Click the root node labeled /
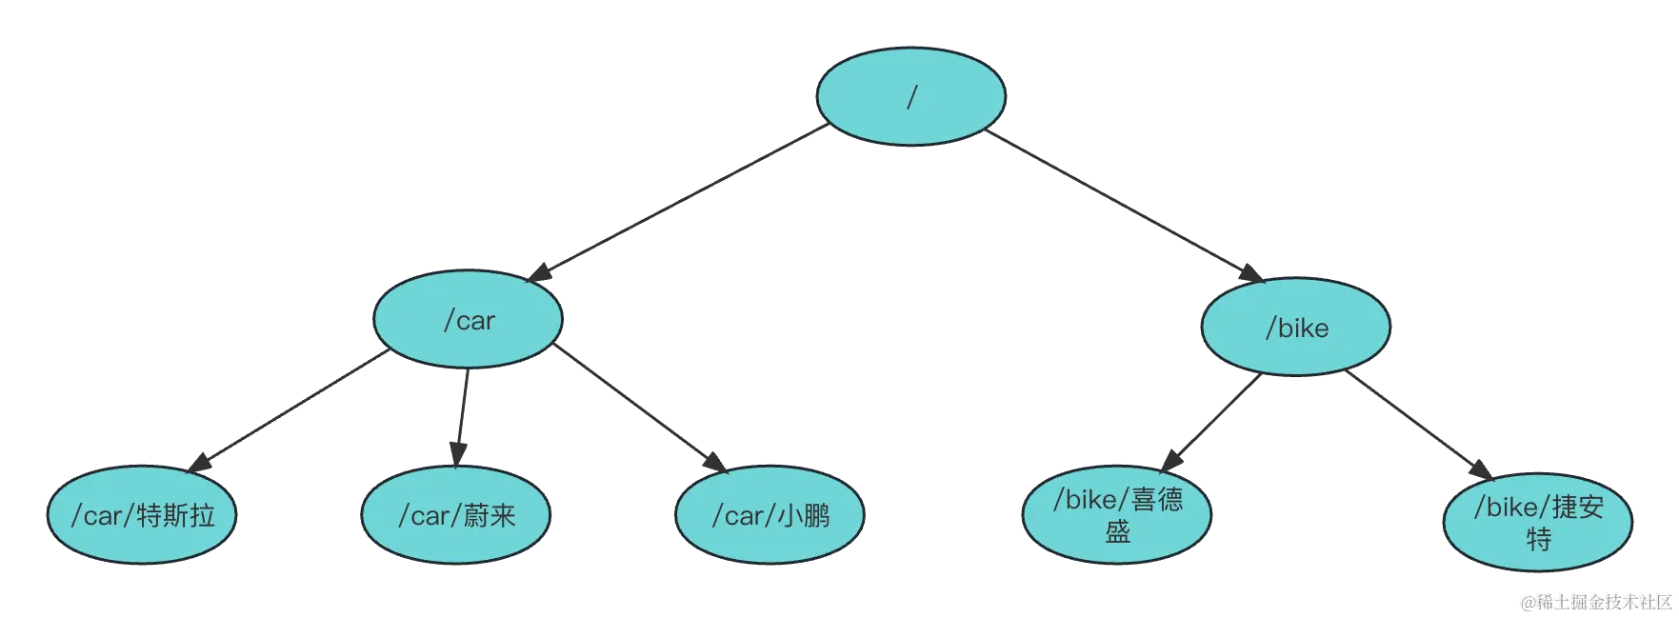(x=910, y=97)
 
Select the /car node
(x=468, y=320)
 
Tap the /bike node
(x=1296, y=328)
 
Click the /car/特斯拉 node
(x=142, y=515)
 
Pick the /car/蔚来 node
(x=456, y=515)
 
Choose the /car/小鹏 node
(x=770, y=515)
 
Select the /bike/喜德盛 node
(x=1116, y=515)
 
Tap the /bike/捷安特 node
(x=1537, y=522)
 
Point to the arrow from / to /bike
(x=1124, y=204)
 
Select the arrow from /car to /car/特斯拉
(x=286, y=412)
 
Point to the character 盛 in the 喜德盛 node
(x=1117, y=531)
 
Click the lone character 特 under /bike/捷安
(x=1538, y=540)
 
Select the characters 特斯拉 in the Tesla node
(x=176, y=515)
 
